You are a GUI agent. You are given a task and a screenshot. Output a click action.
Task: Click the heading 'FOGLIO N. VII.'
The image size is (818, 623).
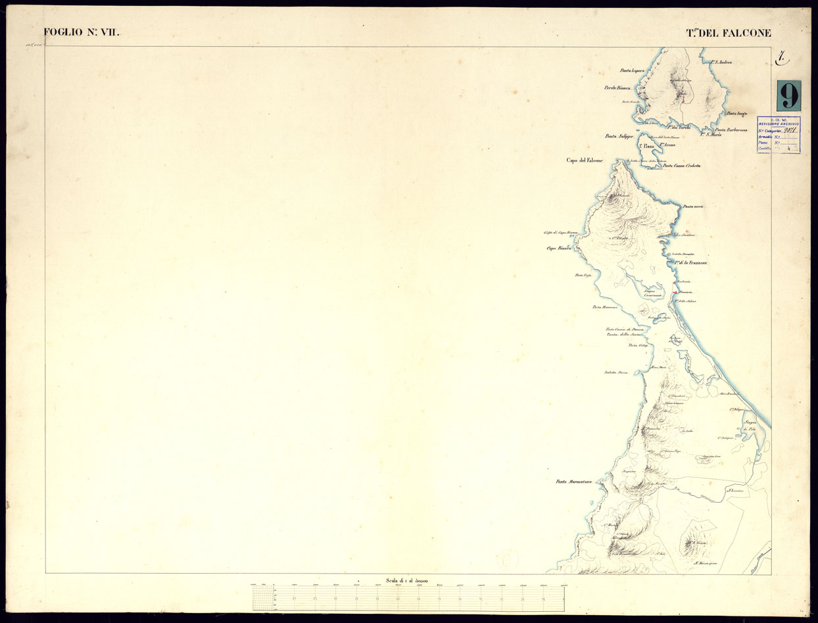[x=82, y=32]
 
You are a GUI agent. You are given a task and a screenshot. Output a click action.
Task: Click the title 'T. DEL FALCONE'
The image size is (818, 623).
[x=729, y=33]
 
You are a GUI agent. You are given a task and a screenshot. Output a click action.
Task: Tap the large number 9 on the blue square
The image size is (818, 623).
[x=788, y=95]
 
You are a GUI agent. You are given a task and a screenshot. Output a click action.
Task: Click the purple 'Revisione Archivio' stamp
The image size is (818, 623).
[x=779, y=135]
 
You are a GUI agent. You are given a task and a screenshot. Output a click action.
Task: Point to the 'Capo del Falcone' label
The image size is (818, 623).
[x=585, y=160]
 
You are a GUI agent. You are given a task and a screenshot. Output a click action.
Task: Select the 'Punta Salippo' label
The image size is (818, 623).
[x=619, y=136]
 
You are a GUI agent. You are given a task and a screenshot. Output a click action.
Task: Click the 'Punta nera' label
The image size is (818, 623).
[x=694, y=207]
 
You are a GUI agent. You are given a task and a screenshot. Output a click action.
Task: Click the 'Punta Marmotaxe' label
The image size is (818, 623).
[x=574, y=482]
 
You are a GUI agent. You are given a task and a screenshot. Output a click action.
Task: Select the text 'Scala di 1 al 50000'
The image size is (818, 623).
[x=408, y=580]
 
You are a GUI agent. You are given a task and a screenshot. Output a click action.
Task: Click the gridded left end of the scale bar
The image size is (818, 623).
[x=263, y=599]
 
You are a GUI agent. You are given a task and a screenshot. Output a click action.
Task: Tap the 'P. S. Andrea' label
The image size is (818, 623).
[x=721, y=62]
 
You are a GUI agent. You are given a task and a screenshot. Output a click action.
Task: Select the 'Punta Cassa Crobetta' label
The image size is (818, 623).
[x=682, y=166]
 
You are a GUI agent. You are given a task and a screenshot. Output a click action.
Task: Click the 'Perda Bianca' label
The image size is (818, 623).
[x=617, y=87]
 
